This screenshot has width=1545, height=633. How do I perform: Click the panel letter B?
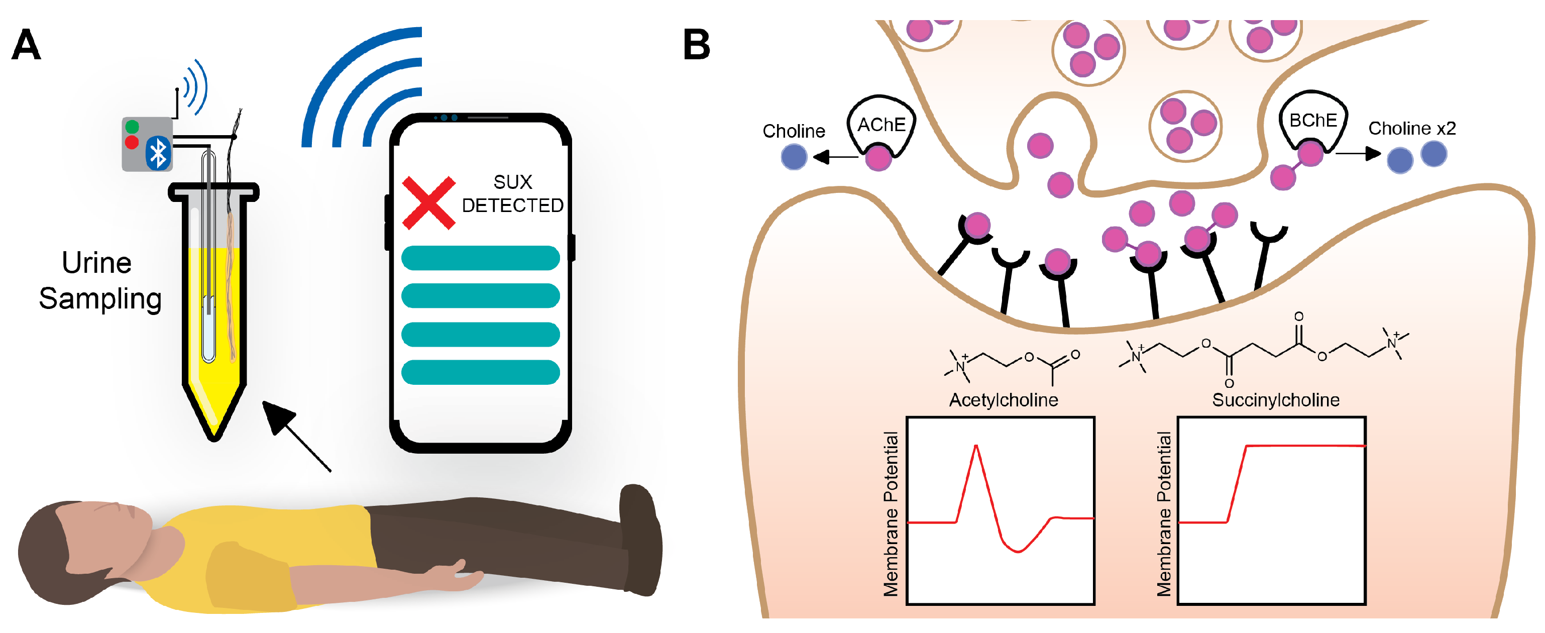point(696,45)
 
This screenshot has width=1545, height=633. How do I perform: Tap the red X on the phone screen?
point(428,203)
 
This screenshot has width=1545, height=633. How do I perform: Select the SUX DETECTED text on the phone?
point(513,194)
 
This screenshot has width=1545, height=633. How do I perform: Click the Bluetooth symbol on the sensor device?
point(158,154)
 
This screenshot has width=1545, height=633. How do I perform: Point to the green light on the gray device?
point(133,127)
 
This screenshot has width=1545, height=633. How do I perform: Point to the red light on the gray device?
point(132,142)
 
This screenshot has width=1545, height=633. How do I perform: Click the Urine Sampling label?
point(99,280)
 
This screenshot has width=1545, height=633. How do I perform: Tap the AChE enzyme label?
point(881,125)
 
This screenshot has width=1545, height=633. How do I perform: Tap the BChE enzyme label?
point(1313,121)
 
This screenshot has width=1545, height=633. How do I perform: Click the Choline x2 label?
point(1412,129)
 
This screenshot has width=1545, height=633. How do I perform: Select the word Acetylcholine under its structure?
point(1004,399)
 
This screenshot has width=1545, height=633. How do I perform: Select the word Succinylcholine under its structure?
point(1276,399)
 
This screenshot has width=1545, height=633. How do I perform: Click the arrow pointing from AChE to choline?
point(835,157)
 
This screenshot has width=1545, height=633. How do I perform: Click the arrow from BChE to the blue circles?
point(1359,154)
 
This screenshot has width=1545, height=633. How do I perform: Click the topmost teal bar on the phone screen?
point(480,258)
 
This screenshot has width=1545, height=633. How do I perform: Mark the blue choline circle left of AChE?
point(794,157)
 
